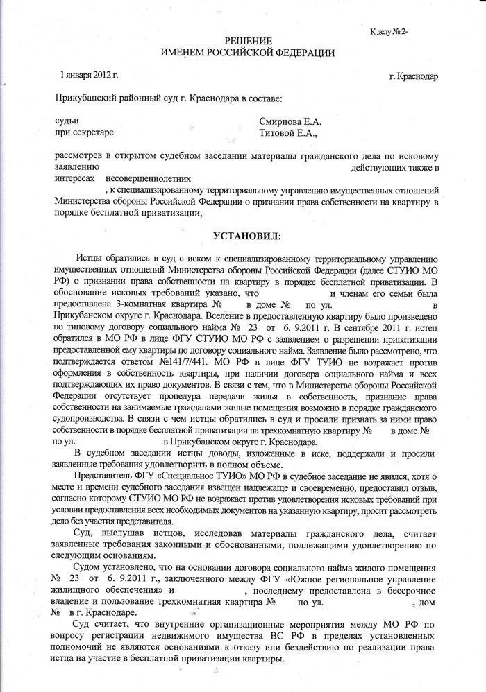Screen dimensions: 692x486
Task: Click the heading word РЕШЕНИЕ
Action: click(x=248, y=42)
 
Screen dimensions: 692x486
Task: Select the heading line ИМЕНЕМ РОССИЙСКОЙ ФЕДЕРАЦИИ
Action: click(x=248, y=53)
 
